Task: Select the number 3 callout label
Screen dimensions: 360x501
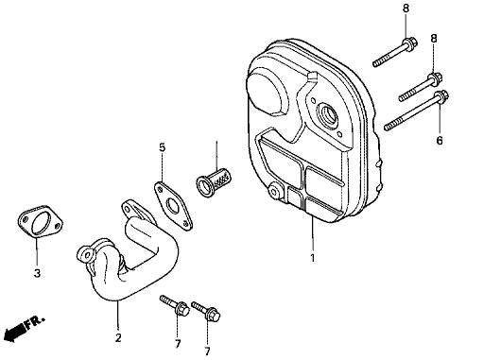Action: pos(37,274)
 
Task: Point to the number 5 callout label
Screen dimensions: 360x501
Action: pos(162,148)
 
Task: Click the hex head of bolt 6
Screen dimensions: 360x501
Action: pos(440,98)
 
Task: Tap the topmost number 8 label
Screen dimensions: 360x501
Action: pos(406,9)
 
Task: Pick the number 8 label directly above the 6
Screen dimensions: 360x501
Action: pos(434,39)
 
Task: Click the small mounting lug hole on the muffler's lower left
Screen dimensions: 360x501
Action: pos(276,193)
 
